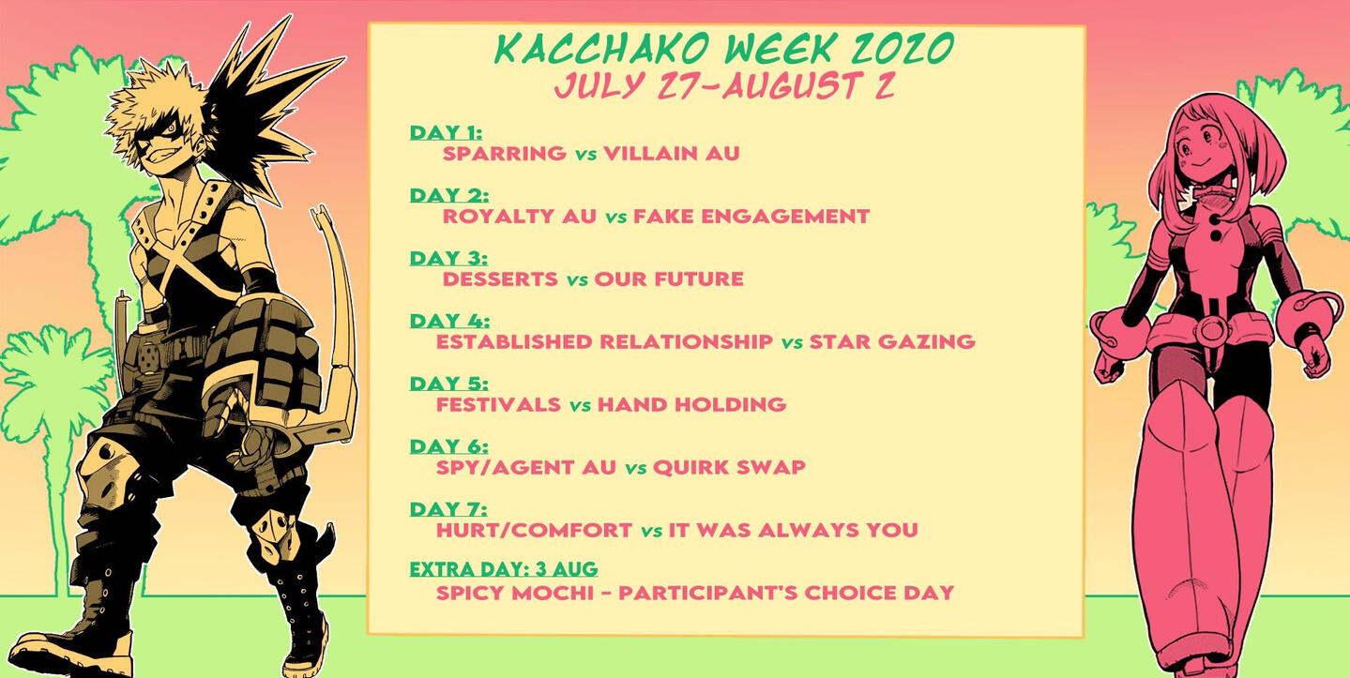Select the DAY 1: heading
(446, 132)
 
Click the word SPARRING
(505, 153)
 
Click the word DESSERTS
(500, 279)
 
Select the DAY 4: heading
(449, 321)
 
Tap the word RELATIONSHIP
(687, 341)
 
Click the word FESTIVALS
(498, 404)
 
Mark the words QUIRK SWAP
(729, 466)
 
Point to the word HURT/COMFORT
(534, 530)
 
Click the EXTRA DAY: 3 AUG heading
(504, 569)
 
